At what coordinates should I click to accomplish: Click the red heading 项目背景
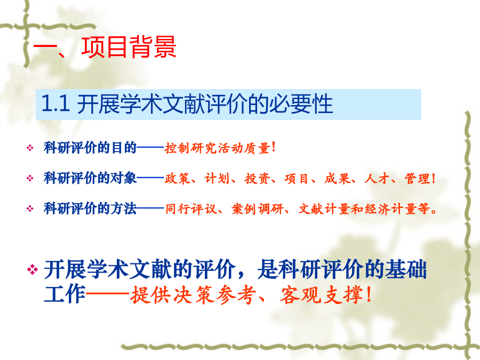[x=129, y=47]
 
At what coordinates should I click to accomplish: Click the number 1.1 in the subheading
[x=55, y=103]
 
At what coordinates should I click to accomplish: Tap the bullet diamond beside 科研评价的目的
[x=30, y=148]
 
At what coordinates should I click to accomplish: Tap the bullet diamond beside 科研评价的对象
[x=30, y=178]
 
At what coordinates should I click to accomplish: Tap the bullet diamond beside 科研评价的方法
[x=30, y=209]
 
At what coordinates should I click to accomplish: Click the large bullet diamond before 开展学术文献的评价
[x=33, y=270]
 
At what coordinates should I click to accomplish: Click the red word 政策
[x=178, y=179]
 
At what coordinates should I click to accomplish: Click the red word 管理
[x=417, y=179]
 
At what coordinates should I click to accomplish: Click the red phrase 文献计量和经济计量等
[x=364, y=209]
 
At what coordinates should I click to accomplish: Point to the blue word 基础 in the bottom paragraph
[x=406, y=270]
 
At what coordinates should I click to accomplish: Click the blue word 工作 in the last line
[x=65, y=294]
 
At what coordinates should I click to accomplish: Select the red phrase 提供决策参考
[x=193, y=295]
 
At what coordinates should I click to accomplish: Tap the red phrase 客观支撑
[x=321, y=295]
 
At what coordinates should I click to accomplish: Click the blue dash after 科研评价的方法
[x=150, y=209]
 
